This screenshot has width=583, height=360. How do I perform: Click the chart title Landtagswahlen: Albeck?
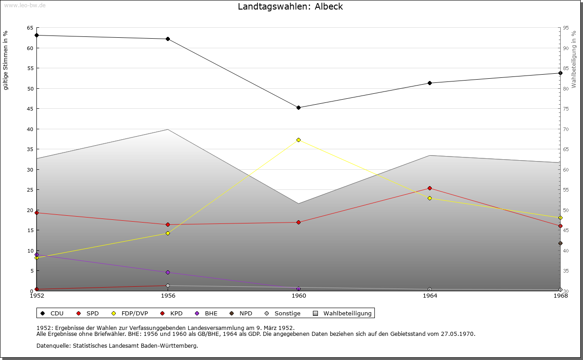(x=290, y=7)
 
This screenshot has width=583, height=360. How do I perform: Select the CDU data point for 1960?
(x=298, y=108)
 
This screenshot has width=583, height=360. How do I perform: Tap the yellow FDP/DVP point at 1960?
(x=298, y=140)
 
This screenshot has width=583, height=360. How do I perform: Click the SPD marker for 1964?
(x=430, y=188)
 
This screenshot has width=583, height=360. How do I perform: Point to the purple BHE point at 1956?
(x=168, y=272)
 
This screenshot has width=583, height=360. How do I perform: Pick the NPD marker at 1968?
(x=560, y=243)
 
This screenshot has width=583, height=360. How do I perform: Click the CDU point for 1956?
(x=168, y=39)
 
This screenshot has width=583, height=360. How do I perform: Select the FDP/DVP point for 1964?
(x=430, y=198)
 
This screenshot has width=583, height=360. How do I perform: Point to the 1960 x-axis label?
(x=298, y=296)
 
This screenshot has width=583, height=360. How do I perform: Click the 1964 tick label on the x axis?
(x=430, y=296)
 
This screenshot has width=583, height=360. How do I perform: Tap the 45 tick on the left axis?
(x=30, y=109)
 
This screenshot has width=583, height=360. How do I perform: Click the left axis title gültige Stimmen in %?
(x=6, y=61)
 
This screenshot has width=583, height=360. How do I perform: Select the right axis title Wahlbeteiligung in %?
(x=574, y=60)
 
